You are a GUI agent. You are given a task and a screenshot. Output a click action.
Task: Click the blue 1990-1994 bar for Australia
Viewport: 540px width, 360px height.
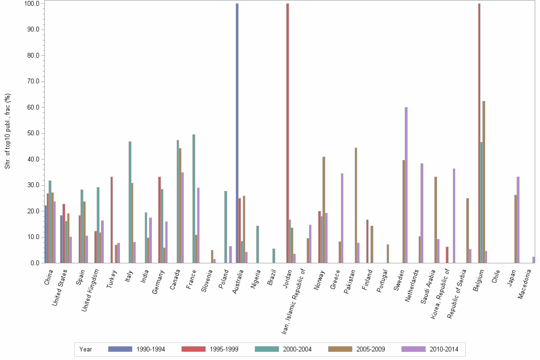tap(237, 133)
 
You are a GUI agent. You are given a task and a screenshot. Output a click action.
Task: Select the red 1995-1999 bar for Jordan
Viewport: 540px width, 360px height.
tap(288, 133)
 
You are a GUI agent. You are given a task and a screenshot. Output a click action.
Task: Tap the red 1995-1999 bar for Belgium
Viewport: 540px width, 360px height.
tap(479, 133)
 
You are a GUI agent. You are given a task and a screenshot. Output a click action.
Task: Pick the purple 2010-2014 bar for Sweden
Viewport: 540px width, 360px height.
tap(406, 185)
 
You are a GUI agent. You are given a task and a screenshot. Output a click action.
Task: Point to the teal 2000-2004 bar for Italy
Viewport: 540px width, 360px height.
tap(130, 202)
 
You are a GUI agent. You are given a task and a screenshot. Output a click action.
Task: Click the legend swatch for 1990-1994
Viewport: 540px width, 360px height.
tap(120, 350)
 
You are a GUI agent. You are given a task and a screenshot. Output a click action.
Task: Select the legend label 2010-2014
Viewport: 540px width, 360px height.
tap(444, 350)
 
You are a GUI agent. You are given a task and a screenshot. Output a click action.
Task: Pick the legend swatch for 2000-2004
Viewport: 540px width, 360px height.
tap(267, 350)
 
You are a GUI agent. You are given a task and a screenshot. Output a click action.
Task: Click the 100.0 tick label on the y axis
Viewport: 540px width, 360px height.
tap(31, 4)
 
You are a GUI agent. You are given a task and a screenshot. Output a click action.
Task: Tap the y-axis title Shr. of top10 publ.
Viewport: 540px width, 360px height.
tap(8, 131)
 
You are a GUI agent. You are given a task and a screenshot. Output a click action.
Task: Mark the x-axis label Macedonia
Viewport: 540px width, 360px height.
tap(525, 284)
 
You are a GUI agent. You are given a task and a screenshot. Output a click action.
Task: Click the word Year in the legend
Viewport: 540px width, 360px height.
tap(86, 350)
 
